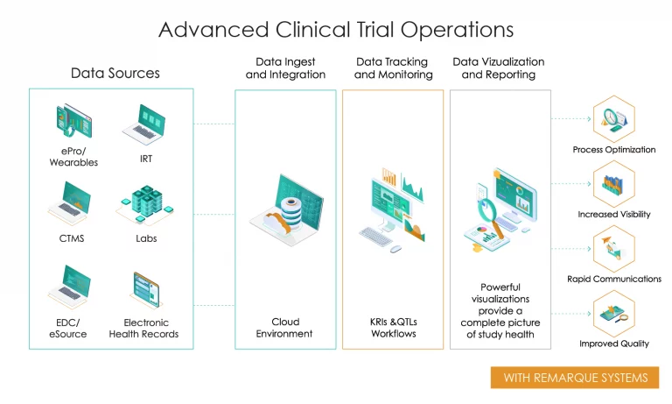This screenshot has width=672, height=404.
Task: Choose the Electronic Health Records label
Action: coord(145,328)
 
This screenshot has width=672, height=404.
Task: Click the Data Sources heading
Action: coord(115,73)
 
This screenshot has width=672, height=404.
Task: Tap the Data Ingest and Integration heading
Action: coord(285,68)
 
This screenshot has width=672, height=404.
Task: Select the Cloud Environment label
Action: coord(284,328)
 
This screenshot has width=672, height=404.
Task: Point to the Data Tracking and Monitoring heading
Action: coord(394,68)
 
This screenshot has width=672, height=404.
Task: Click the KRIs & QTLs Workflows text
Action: coord(394,328)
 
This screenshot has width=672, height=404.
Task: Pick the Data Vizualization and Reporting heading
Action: coord(498,68)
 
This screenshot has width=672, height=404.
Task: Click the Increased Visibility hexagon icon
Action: coord(613,182)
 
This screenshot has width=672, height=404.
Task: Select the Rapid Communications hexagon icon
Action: coord(613,248)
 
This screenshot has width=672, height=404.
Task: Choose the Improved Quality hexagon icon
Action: coord(613,313)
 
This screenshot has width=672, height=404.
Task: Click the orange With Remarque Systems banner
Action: coord(575,378)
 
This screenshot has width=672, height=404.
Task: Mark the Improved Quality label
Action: coord(613,344)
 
